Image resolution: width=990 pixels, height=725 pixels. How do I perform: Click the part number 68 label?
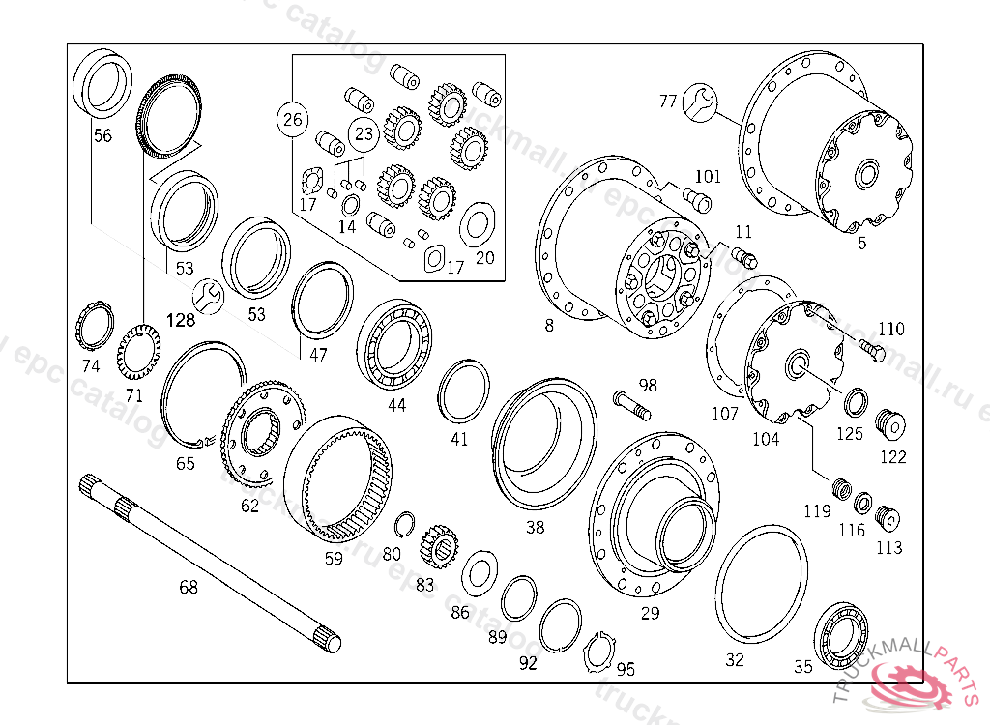point(189,587)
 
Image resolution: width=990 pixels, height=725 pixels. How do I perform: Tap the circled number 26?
point(292,121)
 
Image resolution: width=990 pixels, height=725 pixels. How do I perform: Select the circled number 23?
point(363,134)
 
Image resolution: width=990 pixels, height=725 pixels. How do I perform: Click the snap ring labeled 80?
point(407,524)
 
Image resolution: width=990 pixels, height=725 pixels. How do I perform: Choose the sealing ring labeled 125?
point(856,402)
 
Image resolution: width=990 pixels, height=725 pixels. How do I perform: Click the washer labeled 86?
point(479,574)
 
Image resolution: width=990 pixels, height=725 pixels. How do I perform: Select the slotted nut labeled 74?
point(93,329)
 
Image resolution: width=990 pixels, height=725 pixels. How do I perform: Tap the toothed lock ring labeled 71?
point(137,357)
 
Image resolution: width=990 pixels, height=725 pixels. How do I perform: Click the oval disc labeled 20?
point(477,224)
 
